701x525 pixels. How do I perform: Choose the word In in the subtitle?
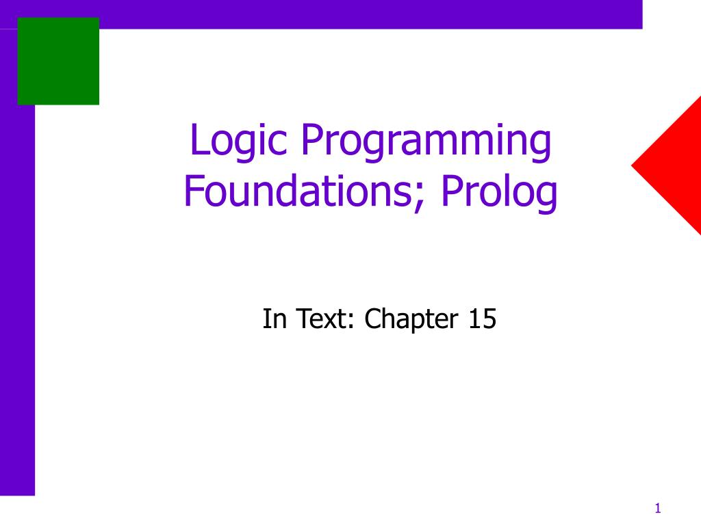[274, 319]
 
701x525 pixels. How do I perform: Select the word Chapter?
[410, 320]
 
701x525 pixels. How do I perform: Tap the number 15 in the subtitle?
[482, 319]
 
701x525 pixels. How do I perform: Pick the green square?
[58, 61]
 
